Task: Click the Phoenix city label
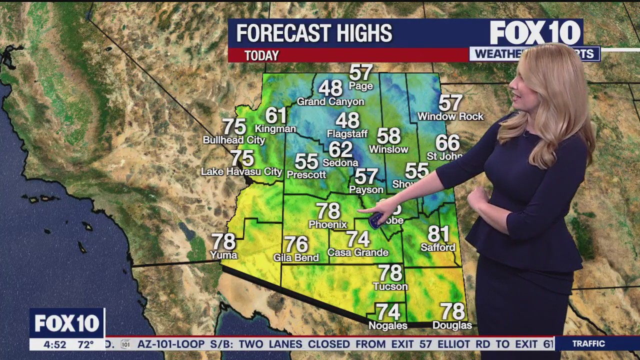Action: [x=327, y=224]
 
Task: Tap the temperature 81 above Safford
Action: [x=438, y=234]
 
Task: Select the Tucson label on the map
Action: [x=390, y=286]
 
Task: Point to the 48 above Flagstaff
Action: [x=347, y=120]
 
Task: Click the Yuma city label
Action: [x=223, y=255]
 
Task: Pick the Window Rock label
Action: [x=450, y=116]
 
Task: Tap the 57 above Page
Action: [x=361, y=72]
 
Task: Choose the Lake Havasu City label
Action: [x=241, y=171]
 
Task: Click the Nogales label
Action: [x=388, y=325]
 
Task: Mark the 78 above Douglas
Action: [x=452, y=311]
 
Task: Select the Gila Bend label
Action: [x=296, y=257]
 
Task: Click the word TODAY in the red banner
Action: [x=261, y=55]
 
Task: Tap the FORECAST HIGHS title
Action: [x=314, y=33]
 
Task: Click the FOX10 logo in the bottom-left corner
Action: [x=67, y=323]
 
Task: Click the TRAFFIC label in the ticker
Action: [x=588, y=343]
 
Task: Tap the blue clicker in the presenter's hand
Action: [x=376, y=220]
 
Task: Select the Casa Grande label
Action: [x=358, y=252]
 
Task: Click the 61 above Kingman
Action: [x=275, y=115]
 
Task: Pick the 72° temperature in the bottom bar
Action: [x=85, y=344]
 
